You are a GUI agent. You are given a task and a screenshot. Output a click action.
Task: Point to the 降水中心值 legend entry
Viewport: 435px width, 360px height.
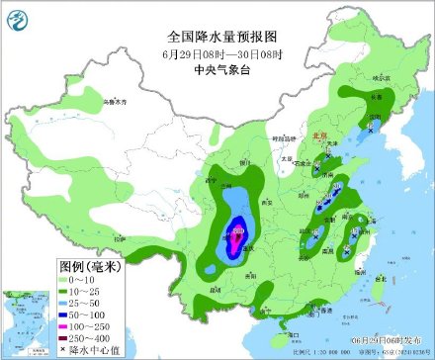pyautogui.click(x=87, y=349)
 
